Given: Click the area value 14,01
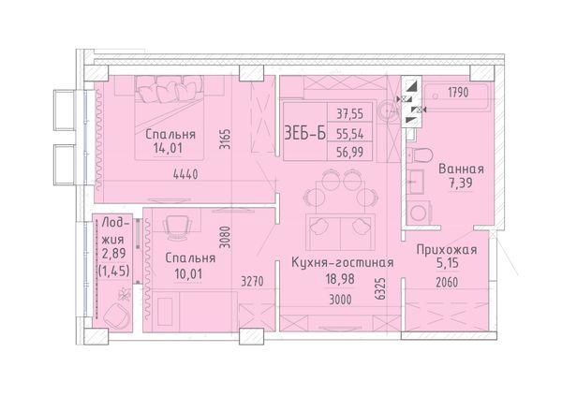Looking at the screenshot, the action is (x=168, y=148).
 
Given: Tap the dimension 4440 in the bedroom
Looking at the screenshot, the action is (x=185, y=174).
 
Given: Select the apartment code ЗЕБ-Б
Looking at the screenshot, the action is (x=305, y=133).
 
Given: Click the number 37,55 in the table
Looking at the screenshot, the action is (x=349, y=114).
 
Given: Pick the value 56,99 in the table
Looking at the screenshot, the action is (x=349, y=153).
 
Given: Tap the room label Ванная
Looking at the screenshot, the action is (x=461, y=169).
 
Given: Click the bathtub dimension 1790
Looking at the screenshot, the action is (x=458, y=93).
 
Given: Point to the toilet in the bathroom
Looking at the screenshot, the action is (x=421, y=154).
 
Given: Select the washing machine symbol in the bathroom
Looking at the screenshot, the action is (x=419, y=213).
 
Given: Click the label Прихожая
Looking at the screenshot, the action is (x=447, y=250).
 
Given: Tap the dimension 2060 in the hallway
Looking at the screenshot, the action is (x=447, y=283).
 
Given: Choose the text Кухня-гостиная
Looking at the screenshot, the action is (x=343, y=262).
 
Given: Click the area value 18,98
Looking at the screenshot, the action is (x=340, y=279).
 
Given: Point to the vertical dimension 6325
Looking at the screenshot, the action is (x=382, y=288).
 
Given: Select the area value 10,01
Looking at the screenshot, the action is (x=188, y=274).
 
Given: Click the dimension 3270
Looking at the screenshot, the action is (x=252, y=282).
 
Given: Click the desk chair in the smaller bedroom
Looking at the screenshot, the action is (x=177, y=228).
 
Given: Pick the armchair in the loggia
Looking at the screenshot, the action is (x=117, y=316).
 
